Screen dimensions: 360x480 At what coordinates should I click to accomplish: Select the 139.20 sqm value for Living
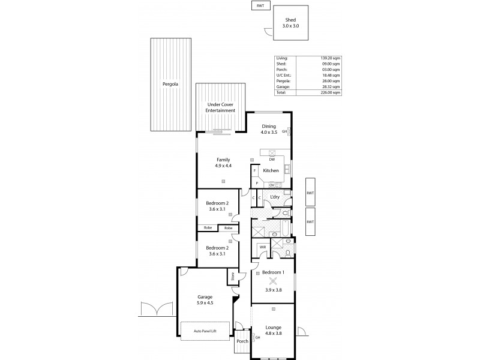(x=332, y=58)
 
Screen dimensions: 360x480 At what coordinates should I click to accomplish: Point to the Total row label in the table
(x=281, y=93)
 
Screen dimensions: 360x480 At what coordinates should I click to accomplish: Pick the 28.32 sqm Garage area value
(x=332, y=87)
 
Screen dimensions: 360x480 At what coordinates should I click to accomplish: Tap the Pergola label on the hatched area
(x=170, y=85)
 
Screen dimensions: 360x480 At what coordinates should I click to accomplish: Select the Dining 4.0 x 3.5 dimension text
(x=269, y=132)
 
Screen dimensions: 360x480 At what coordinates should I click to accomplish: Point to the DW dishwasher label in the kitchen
(x=272, y=159)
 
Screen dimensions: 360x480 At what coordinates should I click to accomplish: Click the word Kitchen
(x=271, y=171)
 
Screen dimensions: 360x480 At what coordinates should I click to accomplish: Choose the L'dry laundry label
(x=275, y=197)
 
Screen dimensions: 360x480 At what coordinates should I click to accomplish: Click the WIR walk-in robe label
(x=263, y=247)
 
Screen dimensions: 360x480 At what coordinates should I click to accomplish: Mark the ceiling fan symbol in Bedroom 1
(x=273, y=280)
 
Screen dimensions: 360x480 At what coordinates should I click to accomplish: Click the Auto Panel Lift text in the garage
(x=205, y=331)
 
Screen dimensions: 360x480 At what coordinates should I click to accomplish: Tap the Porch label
(x=242, y=341)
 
